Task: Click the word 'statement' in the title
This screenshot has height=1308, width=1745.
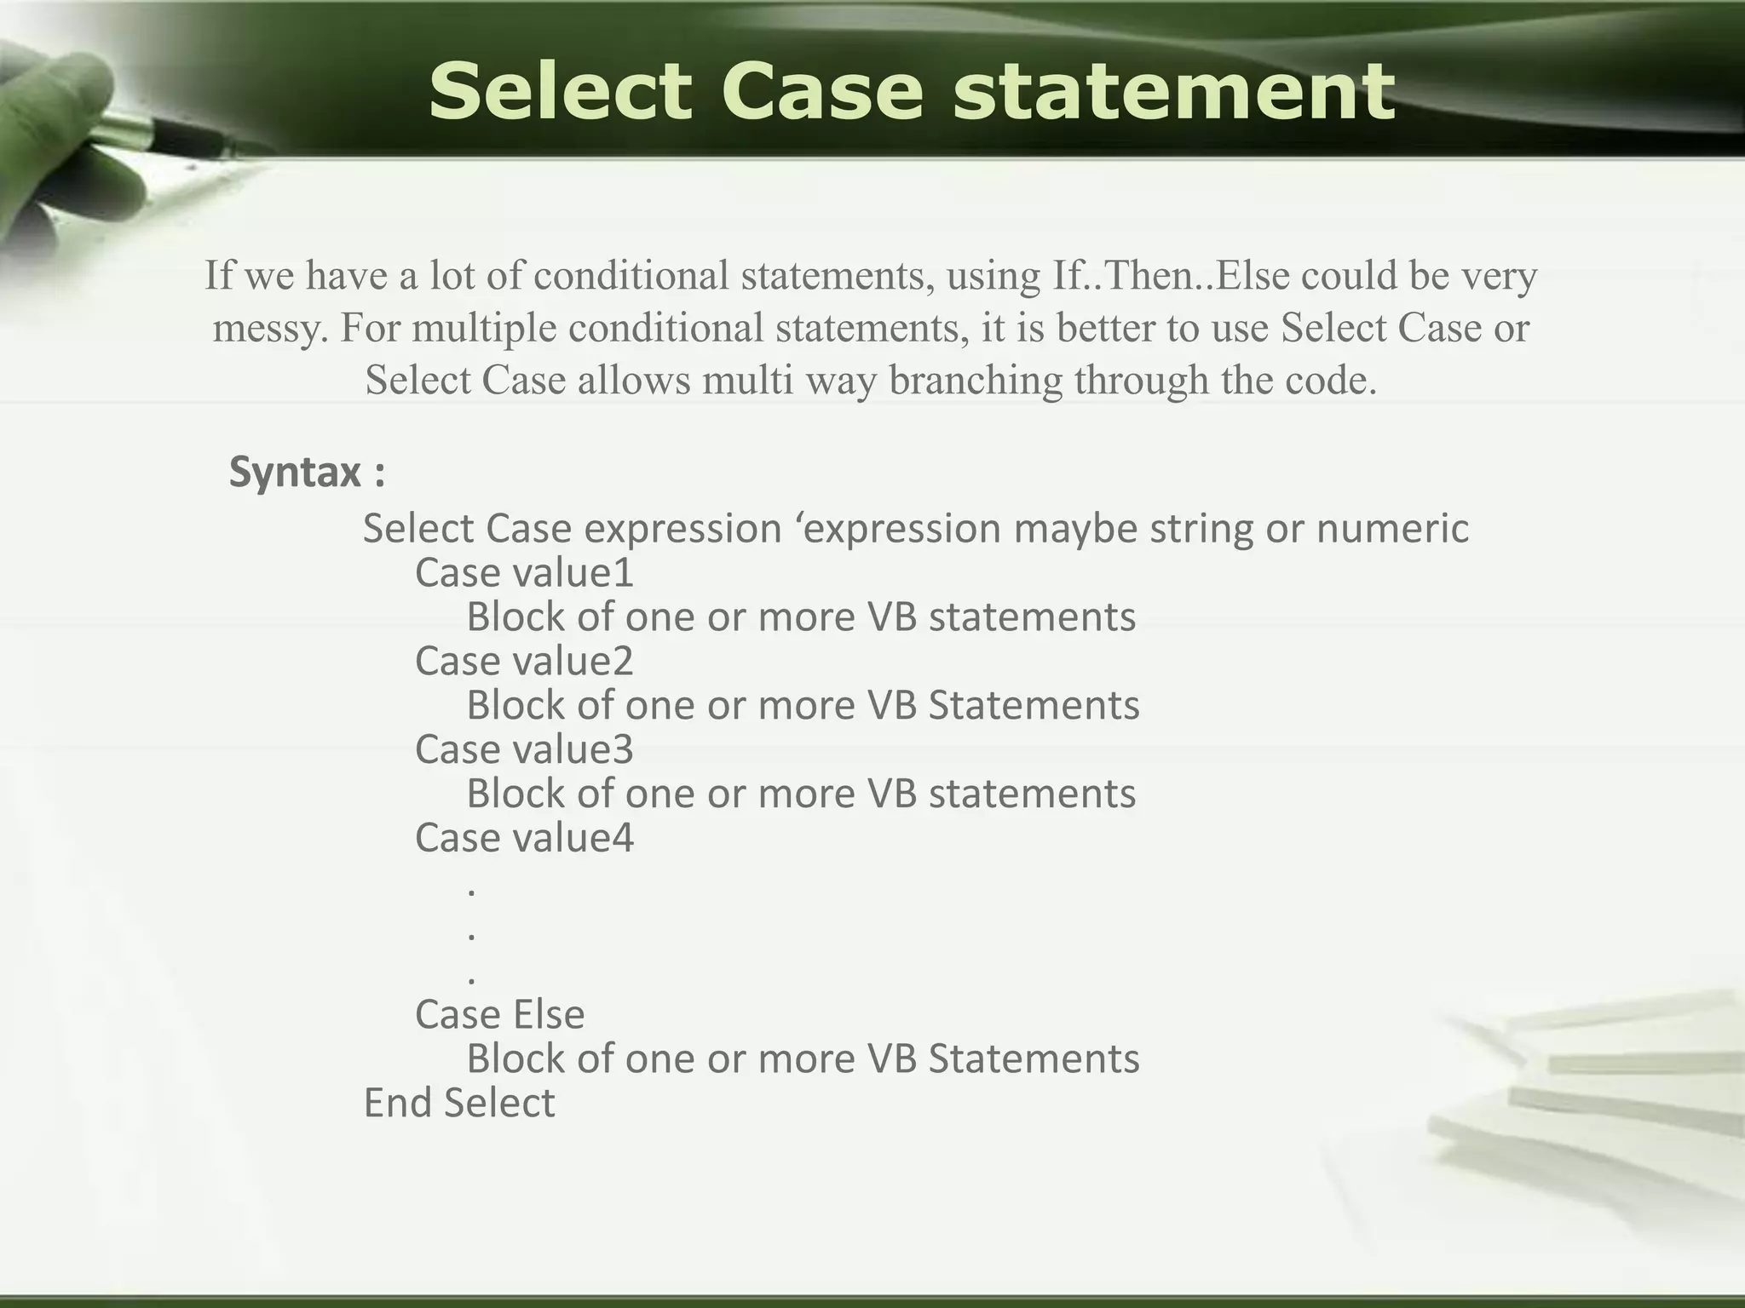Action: click(1173, 92)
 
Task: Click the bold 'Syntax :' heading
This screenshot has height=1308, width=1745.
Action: click(307, 472)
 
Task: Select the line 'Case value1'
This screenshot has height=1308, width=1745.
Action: click(524, 572)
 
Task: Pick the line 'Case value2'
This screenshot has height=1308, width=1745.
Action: click(524, 661)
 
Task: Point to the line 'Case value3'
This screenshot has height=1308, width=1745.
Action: click(524, 749)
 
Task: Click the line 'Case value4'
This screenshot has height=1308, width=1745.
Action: click(524, 838)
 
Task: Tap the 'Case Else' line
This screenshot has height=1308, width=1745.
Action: click(499, 1014)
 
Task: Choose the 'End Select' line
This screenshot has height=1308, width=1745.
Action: click(459, 1103)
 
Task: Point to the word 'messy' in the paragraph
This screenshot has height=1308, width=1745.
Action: click(268, 328)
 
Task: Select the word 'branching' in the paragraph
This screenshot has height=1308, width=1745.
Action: click(976, 381)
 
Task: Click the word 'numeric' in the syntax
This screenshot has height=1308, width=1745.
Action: click(1392, 528)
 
